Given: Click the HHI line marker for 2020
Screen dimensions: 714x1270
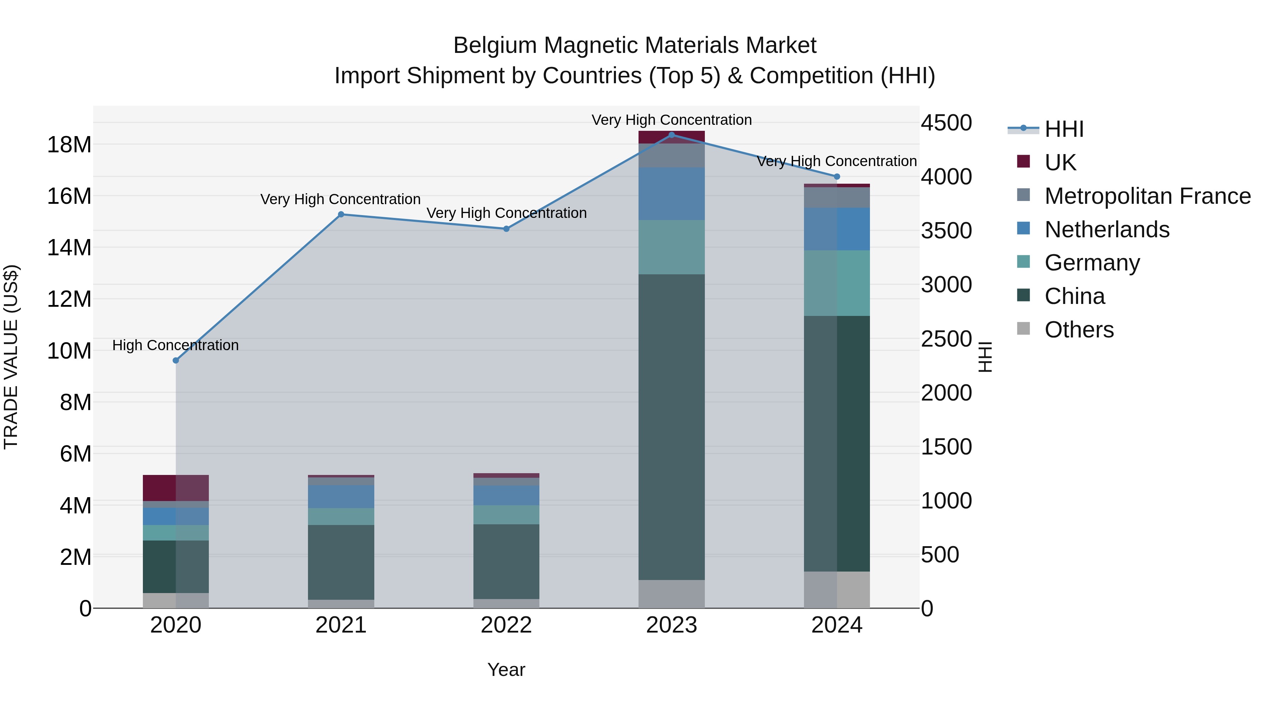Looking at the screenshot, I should tap(176, 360).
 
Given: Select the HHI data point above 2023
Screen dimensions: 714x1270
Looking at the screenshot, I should tap(671, 135).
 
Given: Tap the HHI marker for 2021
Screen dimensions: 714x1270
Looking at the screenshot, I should tap(341, 214).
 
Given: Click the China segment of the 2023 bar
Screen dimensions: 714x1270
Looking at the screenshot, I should tap(671, 426).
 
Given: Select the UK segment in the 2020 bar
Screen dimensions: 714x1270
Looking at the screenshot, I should tap(176, 488).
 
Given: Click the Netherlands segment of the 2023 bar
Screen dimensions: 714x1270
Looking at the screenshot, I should tap(671, 194).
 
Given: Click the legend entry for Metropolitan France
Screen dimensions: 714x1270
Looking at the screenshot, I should tap(1147, 196).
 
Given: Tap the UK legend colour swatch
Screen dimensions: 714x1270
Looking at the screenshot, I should tap(1023, 161).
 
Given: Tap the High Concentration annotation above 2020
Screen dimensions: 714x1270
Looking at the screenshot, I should tap(176, 345).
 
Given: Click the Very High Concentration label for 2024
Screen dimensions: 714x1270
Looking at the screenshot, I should tap(837, 161).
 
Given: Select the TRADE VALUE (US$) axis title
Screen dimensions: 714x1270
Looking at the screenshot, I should tap(11, 357).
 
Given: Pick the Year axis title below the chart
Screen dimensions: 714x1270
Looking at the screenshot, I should tap(506, 670).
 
